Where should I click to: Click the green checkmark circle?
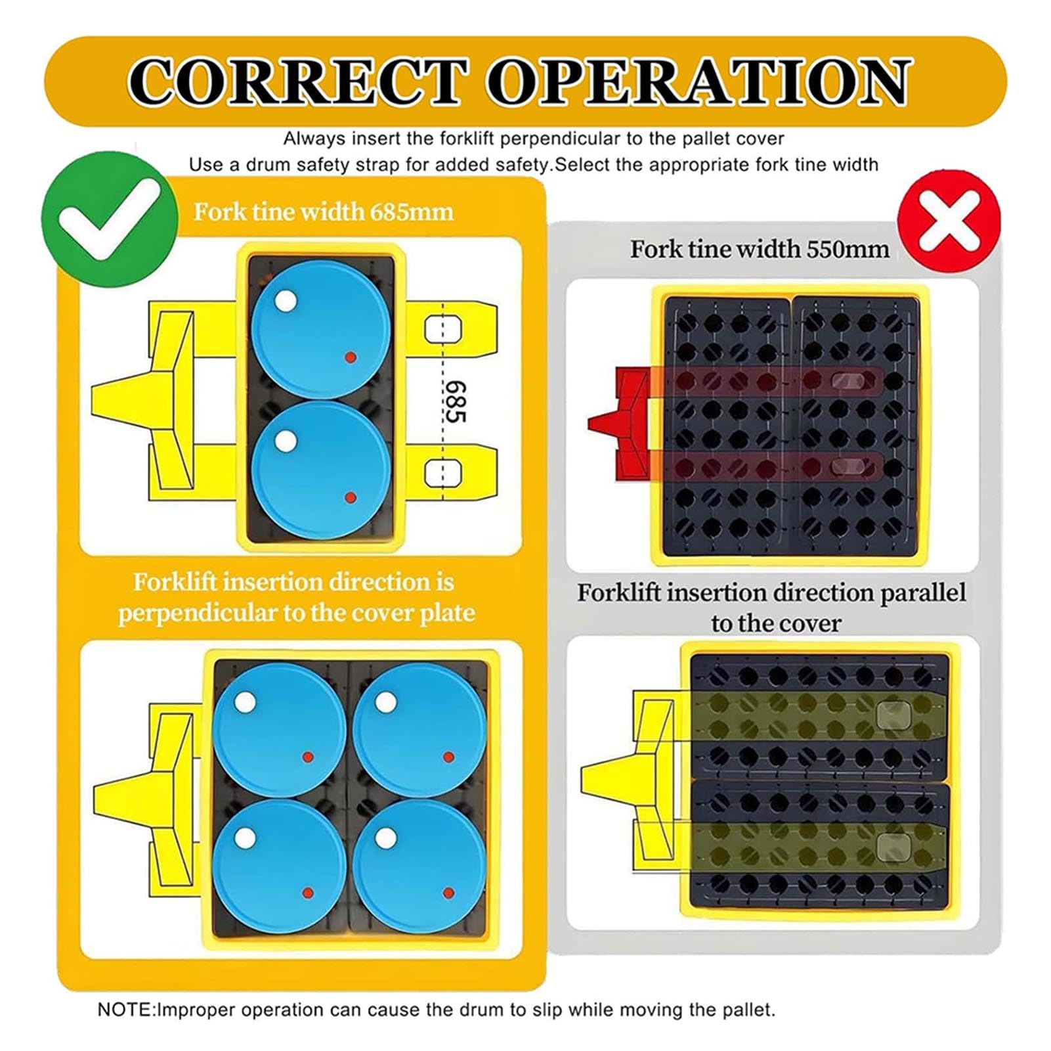coord(109,219)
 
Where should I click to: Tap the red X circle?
coord(949,219)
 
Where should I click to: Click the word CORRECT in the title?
coord(299,82)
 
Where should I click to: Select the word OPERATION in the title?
coord(699,82)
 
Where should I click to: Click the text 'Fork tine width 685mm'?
coord(323,212)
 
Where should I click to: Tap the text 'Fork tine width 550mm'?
coord(760,249)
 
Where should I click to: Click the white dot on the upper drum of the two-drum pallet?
coord(286,302)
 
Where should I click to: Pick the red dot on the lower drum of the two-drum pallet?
coord(351,497)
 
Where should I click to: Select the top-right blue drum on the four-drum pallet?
coord(419,730)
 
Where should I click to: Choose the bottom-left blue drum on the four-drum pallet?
coord(279,866)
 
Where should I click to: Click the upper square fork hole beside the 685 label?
coord(442,330)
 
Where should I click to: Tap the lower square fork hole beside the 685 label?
coord(442,474)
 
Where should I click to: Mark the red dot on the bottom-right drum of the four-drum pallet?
coord(449,893)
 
